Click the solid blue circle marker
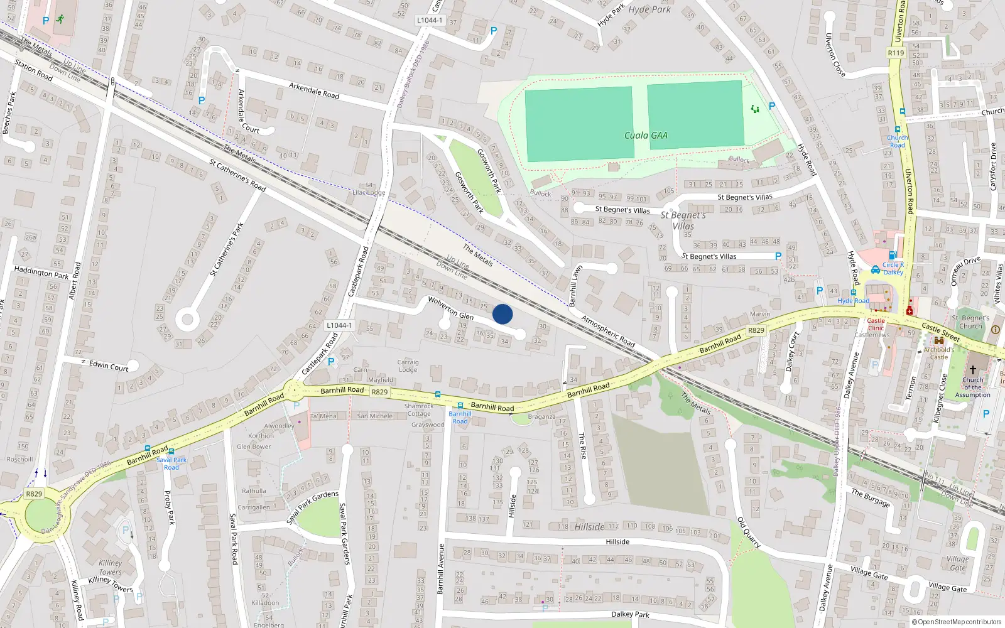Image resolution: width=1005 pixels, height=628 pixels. tap(503, 314)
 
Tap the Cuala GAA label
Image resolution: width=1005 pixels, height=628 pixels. tap(646, 135)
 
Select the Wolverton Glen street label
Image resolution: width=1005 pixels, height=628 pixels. tap(450, 308)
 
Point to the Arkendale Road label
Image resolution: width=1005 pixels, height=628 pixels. tap(314, 90)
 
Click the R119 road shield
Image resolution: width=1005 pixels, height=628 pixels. tap(896, 53)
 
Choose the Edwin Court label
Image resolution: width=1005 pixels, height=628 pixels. tap(108, 365)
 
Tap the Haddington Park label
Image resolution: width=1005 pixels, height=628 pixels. tap(41, 273)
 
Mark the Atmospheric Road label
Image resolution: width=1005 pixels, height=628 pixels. tap(608, 331)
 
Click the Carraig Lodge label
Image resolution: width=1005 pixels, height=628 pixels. tap(408, 365)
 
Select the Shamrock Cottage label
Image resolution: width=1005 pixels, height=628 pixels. tap(419, 409)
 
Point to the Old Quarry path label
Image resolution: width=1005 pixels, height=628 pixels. tap(749, 533)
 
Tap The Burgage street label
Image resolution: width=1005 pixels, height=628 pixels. tap(871, 497)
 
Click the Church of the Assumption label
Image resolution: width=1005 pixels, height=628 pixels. tap(972, 387)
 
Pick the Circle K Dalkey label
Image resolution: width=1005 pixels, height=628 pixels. tap(893, 268)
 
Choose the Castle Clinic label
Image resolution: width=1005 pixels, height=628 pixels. tap(876, 324)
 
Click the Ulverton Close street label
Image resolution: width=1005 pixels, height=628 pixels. tap(835, 55)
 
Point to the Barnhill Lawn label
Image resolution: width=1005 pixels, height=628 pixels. tap(575, 286)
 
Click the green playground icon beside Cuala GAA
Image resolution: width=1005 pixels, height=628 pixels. tap(754, 109)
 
